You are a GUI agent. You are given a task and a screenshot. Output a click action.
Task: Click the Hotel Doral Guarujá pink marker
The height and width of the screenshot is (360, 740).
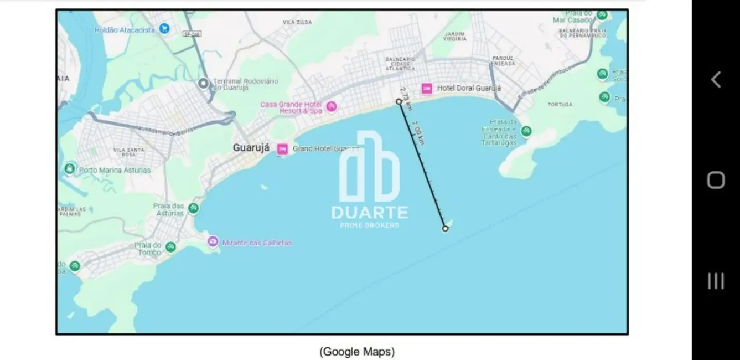point(426,88)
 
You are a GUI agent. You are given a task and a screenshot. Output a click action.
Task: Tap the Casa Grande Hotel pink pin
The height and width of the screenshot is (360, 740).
point(331,106)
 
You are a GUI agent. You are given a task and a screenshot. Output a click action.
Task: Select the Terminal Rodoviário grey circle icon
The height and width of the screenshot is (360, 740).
point(204,84)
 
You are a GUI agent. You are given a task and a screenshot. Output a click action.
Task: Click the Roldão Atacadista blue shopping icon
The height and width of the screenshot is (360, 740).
point(164,28)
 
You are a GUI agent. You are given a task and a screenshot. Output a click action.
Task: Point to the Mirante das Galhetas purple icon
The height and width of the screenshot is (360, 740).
point(213,241)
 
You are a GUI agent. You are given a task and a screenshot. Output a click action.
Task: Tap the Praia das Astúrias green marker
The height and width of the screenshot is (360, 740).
point(193,208)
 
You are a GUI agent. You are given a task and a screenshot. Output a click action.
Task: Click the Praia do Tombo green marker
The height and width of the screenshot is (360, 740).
point(171,247)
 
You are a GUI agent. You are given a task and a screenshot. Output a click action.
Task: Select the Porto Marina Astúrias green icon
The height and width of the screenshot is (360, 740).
point(70,168)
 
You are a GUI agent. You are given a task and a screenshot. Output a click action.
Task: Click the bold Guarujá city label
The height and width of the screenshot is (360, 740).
point(251,148)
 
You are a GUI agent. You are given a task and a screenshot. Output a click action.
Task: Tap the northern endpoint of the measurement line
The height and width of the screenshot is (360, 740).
point(399,101)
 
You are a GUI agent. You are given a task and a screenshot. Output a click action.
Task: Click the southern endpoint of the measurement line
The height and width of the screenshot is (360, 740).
point(445,228)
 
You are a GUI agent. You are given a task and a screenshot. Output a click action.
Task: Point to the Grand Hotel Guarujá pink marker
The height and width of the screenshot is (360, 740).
point(282,148)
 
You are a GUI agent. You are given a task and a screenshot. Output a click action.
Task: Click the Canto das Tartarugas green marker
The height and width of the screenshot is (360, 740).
point(526,131)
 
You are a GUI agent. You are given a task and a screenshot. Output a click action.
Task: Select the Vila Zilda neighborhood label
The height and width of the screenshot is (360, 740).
point(296,22)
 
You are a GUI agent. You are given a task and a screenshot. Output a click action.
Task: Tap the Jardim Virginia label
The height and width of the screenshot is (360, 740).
point(454,37)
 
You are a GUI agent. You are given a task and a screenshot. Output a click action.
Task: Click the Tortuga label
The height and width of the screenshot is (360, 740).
point(560,104)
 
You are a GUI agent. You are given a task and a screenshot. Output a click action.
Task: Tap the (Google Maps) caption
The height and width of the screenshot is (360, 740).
point(356,351)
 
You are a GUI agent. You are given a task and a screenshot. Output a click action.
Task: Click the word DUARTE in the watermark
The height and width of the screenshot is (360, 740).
point(370,213)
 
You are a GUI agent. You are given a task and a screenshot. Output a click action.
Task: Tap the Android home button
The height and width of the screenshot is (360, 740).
point(716,180)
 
